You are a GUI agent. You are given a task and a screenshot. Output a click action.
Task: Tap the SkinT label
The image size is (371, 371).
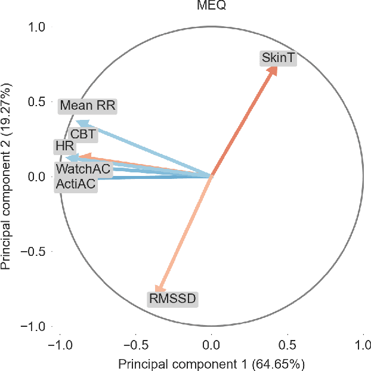279,57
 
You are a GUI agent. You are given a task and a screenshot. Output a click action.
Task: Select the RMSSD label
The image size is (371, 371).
172,298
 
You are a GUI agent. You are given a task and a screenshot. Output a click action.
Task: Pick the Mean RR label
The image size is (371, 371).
87,106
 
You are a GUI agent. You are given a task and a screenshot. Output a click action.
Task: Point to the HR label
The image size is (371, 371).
64,146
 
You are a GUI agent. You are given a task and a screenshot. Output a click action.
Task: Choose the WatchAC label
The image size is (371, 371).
83,169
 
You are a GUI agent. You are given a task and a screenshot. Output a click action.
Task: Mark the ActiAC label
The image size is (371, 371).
75,185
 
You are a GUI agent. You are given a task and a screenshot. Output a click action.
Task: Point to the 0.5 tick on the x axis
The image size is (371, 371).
287,345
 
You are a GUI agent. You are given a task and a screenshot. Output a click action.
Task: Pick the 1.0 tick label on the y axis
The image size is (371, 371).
38,27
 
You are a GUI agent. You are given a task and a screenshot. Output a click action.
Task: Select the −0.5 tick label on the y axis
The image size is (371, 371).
34,252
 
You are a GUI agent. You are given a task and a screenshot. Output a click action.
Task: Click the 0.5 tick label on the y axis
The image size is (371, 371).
38,101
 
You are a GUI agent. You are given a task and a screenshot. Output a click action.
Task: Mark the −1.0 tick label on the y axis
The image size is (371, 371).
34,326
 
